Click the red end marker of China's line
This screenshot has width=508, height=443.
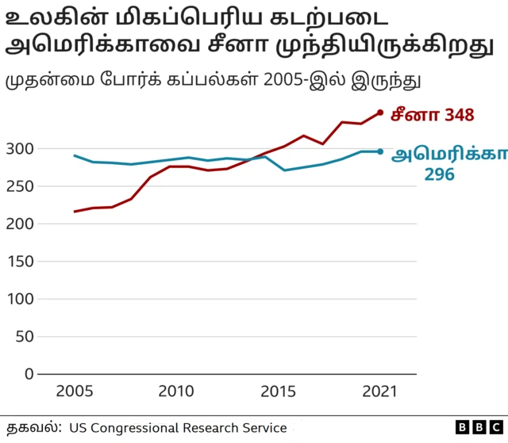tap(380, 113)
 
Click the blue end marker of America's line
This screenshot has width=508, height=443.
tap(380, 151)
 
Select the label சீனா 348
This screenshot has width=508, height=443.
tap(432, 115)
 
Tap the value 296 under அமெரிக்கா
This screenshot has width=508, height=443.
tap(439, 174)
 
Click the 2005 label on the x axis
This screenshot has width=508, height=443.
tap(74, 392)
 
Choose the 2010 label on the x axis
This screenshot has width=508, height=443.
tap(175, 392)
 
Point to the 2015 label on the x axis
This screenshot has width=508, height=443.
tap(278, 392)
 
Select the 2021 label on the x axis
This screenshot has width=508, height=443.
tap(380, 392)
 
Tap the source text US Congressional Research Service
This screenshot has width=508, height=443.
tap(178, 428)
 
